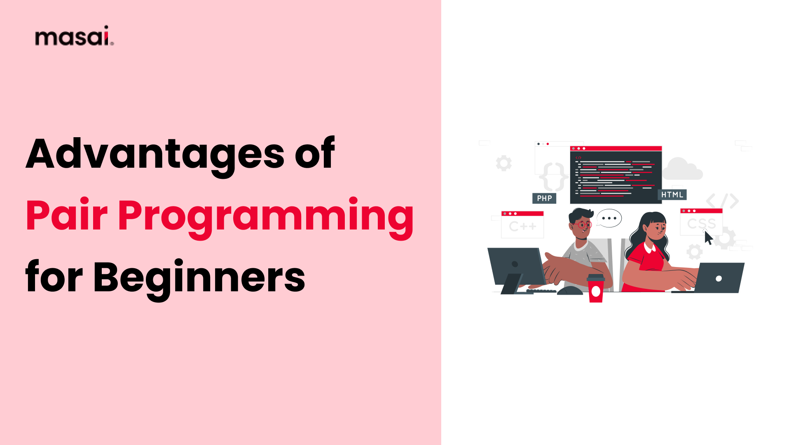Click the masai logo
coord(74,36)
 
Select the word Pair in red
coord(66,215)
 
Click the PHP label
coord(544,198)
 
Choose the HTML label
coord(672,194)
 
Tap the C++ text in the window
coord(522,227)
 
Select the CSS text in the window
coord(701,224)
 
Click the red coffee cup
coord(596,288)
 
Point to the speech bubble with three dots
coord(609,218)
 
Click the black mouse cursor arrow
coord(708,238)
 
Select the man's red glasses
coord(583,225)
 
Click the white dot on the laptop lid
coord(718,279)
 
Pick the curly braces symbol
coord(554,176)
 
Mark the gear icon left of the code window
coord(503,163)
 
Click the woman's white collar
coord(650,247)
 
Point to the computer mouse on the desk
coord(570,290)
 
